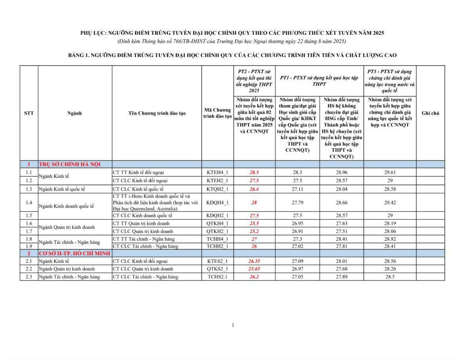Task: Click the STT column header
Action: (x=29, y=113)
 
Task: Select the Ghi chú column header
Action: (x=430, y=113)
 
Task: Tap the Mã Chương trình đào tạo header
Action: (x=217, y=113)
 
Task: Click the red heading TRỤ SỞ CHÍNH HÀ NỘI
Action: (x=70, y=164)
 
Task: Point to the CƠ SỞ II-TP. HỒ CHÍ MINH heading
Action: (x=74, y=253)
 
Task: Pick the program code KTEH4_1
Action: (x=217, y=172)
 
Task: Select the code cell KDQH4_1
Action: (x=217, y=203)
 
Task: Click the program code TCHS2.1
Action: (x=217, y=277)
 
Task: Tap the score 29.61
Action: (x=389, y=172)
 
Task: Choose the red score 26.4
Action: (x=254, y=189)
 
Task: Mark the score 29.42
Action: (x=389, y=203)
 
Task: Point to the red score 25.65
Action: (x=254, y=269)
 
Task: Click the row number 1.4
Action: (x=29, y=203)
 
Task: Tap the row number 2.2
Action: (x=29, y=269)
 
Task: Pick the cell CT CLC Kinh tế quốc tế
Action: (x=138, y=189)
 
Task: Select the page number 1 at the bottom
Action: (x=233, y=325)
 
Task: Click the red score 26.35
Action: (x=254, y=261)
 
